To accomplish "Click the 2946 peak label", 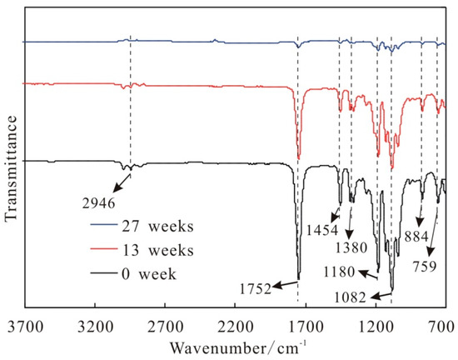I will [99, 201].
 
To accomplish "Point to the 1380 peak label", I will [349, 247].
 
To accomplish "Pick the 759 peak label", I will [430, 268].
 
